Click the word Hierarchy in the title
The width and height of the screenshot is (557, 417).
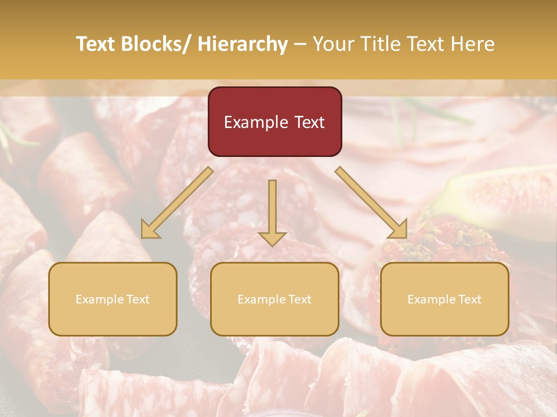click(x=243, y=44)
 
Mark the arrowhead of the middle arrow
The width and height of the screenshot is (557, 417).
click(x=272, y=238)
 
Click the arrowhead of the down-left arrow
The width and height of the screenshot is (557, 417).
click(x=150, y=231)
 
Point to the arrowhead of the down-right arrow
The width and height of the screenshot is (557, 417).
click(x=399, y=230)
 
